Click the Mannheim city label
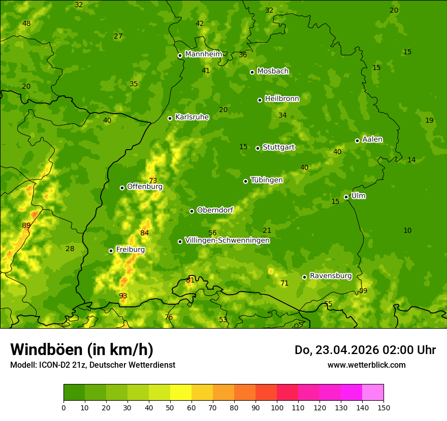[203, 54]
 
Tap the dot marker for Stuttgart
[258, 148]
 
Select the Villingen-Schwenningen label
[227, 240]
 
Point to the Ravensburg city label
[331, 276]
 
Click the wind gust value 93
[123, 296]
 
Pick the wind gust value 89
[26, 225]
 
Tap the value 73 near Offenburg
[153, 181]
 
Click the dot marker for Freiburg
[111, 251]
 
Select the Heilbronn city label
[282, 99]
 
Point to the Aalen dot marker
[358, 141]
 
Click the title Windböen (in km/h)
[82, 349]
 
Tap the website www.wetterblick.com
[366, 365]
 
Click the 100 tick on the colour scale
[277, 407]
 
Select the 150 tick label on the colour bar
[384, 407]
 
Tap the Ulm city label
[358, 196]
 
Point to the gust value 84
[145, 233]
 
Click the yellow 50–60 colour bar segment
[181, 393]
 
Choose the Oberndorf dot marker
[191, 211]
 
